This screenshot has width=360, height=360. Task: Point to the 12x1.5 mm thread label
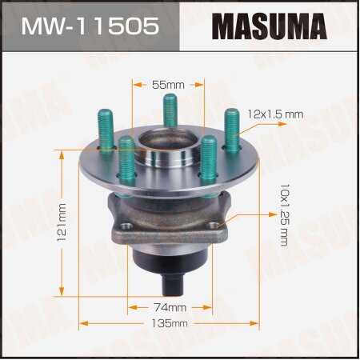(x=276, y=114)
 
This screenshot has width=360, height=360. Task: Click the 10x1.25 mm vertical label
(x=284, y=214)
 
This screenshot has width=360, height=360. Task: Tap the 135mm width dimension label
(x=170, y=323)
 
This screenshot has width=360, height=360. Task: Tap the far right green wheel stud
(x=232, y=128)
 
